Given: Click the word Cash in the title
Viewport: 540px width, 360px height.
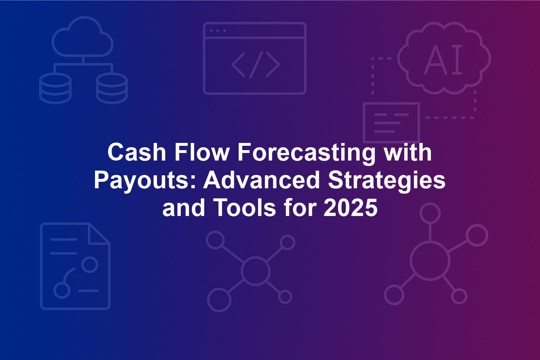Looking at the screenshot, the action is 137,152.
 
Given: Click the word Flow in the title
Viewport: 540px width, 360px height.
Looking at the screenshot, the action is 202,152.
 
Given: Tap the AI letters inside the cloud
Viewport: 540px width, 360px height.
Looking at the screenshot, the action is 443,60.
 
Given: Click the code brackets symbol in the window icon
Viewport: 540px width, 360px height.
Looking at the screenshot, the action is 256,65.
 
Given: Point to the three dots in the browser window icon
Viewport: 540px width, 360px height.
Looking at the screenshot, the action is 218,31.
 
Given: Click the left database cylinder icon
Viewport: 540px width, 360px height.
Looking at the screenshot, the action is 55,88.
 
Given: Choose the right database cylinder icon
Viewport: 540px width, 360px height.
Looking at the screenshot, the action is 112,88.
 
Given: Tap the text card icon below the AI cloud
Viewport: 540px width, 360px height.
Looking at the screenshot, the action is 392,122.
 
